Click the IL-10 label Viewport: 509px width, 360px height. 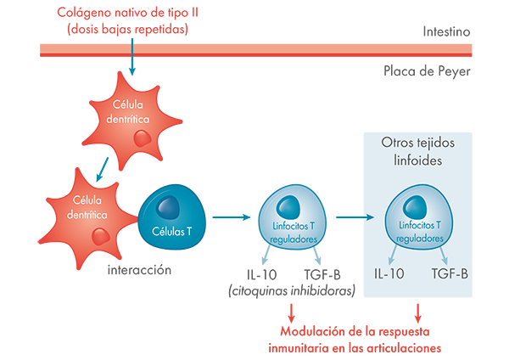tap(388, 275)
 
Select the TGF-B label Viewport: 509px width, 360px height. tap(450, 275)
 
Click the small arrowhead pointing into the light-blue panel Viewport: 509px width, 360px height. tap(368, 218)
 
